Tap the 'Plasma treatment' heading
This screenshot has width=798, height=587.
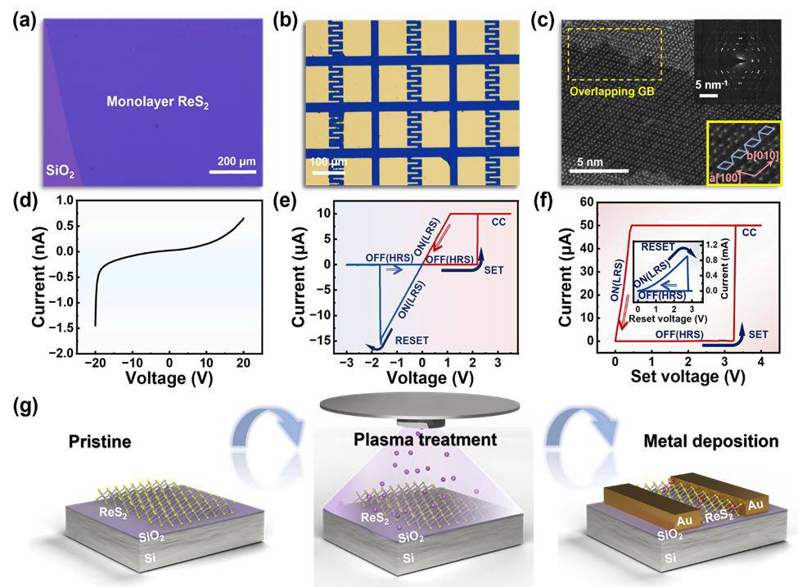[425, 440]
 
